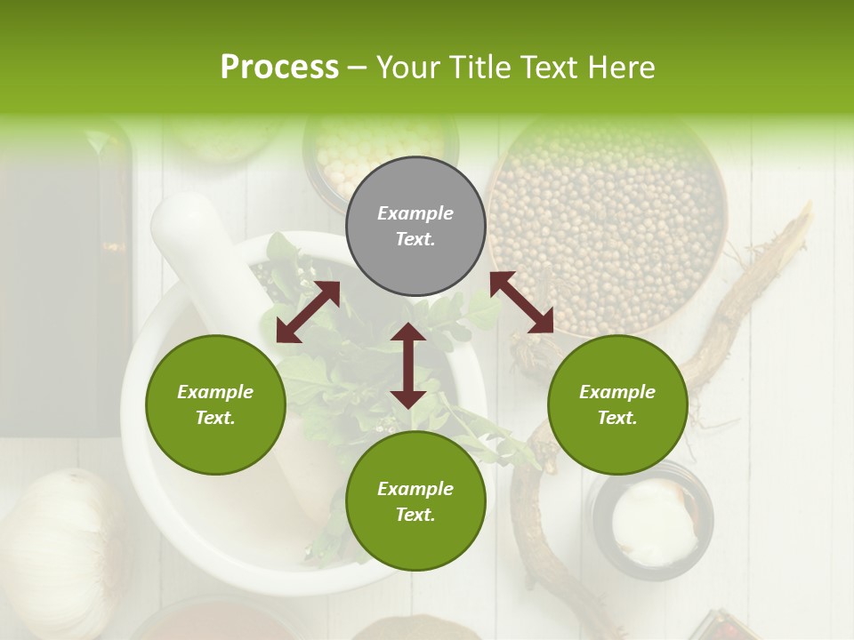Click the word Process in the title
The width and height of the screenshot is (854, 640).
click(x=279, y=68)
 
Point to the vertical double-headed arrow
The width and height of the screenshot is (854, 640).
click(x=408, y=365)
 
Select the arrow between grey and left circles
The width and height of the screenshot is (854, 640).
click(x=308, y=312)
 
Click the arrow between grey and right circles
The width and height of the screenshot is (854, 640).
click(x=522, y=302)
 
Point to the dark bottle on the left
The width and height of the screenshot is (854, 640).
click(x=62, y=284)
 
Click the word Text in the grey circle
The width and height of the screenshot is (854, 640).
click(x=415, y=239)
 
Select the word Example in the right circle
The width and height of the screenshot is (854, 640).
click(x=617, y=392)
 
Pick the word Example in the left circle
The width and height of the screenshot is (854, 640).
click(x=215, y=392)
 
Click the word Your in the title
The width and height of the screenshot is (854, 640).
click(x=409, y=68)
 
